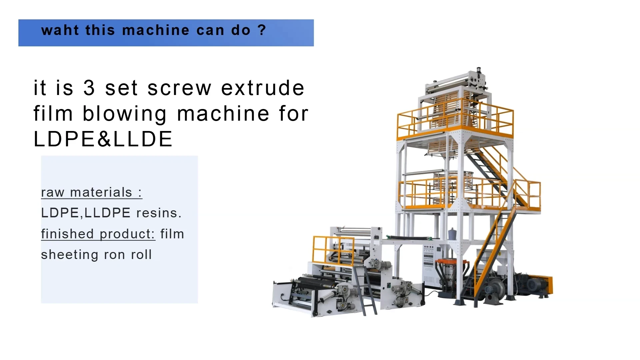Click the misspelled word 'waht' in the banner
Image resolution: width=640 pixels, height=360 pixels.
click(60, 30)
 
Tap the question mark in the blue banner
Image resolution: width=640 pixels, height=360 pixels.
click(262, 30)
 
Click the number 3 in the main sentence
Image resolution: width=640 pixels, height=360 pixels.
click(89, 88)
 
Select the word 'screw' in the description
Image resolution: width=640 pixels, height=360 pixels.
click(179, 88)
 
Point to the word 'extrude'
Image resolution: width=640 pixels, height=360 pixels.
click(263, 88)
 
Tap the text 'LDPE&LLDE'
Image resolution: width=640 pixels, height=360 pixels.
click(103, 139)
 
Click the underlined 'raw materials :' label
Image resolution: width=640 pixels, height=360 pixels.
click(92, 192)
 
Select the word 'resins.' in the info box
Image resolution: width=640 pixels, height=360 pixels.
click(159, 213)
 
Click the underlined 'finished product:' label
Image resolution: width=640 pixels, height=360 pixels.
click(98, 234)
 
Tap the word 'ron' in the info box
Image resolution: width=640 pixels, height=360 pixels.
click(114, 255)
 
